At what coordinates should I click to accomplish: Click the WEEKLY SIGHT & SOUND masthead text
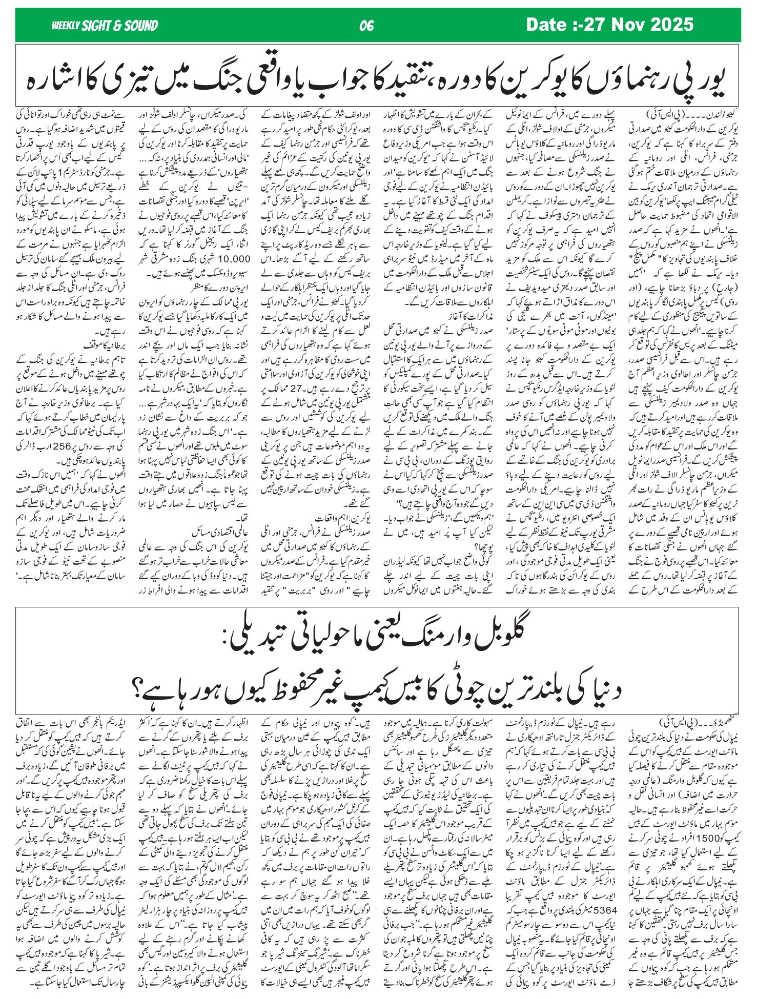coord(105,25)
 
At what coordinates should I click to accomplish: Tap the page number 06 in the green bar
coord(367,25)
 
